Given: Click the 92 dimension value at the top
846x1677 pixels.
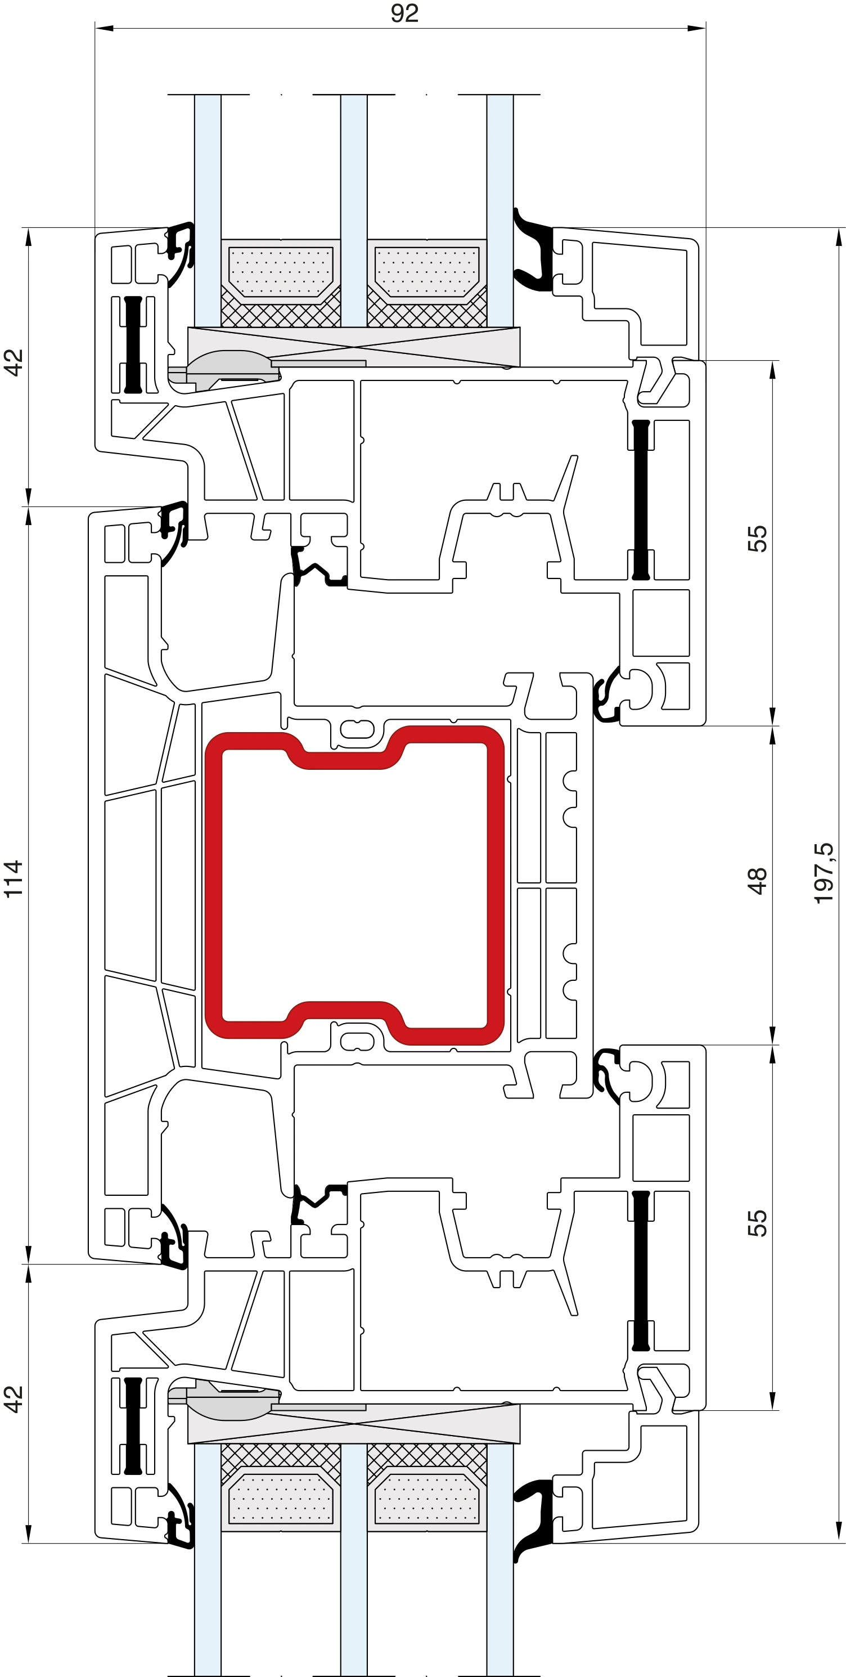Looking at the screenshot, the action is (404, 12).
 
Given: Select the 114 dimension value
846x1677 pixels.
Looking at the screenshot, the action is (13, 879).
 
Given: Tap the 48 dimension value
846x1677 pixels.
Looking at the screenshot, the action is (757, 881).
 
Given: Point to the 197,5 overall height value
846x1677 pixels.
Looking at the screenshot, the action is (823, 873).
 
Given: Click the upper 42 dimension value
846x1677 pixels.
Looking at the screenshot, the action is (13, 362).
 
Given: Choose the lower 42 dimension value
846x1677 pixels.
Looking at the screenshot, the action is (13, 1400).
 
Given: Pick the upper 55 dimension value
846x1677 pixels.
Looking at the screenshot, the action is (757, 539).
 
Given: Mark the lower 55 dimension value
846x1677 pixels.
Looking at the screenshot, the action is (757, 1223).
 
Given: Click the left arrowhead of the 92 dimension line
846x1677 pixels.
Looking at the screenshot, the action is (104, 29).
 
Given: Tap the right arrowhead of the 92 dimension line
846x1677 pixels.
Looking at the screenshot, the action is (696, 29).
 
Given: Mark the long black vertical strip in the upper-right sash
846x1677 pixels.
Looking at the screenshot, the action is (641, 500).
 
